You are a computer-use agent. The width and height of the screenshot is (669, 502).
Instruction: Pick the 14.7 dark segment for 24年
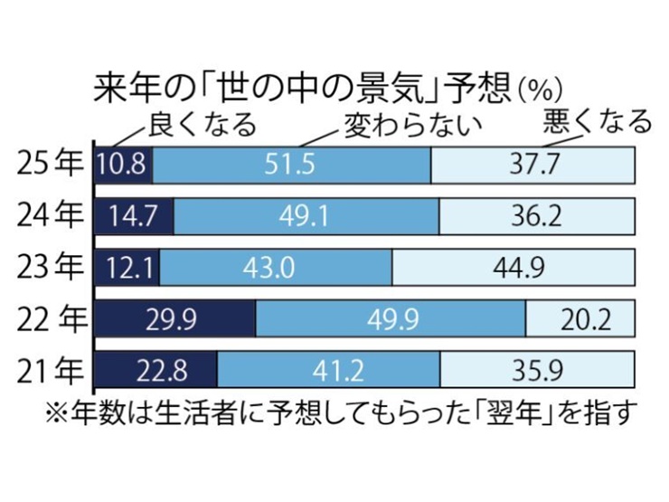tap(135, 215)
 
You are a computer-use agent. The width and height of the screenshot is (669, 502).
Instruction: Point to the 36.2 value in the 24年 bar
tap(537, 215)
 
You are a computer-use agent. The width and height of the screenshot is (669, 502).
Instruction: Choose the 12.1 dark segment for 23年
tap(128, 267)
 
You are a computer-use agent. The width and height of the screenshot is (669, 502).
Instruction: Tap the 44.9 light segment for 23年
tap(514, 267)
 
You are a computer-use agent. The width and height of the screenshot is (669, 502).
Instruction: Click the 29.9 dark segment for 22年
tap(176, 319)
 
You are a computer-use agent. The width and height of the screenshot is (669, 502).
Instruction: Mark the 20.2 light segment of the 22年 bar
tap(580, 319)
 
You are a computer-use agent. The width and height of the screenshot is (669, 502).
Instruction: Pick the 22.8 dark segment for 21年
tap(156, 370)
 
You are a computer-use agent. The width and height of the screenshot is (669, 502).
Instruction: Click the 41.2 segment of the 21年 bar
tap(329, 370)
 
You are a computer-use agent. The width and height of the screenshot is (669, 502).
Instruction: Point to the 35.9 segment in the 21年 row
tap(537, 370)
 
